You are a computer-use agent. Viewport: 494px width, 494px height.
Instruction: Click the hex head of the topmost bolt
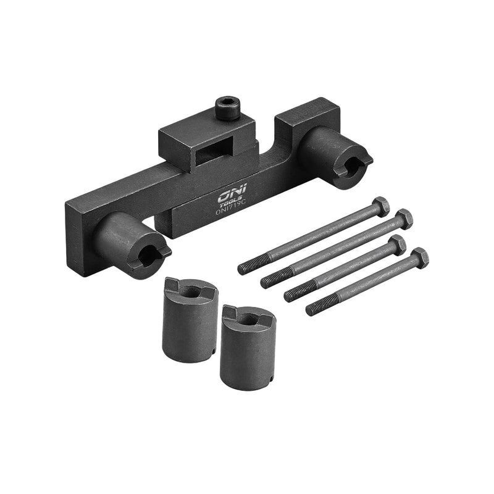pos(382,206)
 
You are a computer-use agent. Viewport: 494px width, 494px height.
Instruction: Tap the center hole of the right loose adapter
pos(246,319)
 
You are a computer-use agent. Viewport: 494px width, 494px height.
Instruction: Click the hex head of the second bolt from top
pos(404,219)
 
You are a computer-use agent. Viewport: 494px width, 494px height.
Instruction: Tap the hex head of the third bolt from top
pos(398,245)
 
